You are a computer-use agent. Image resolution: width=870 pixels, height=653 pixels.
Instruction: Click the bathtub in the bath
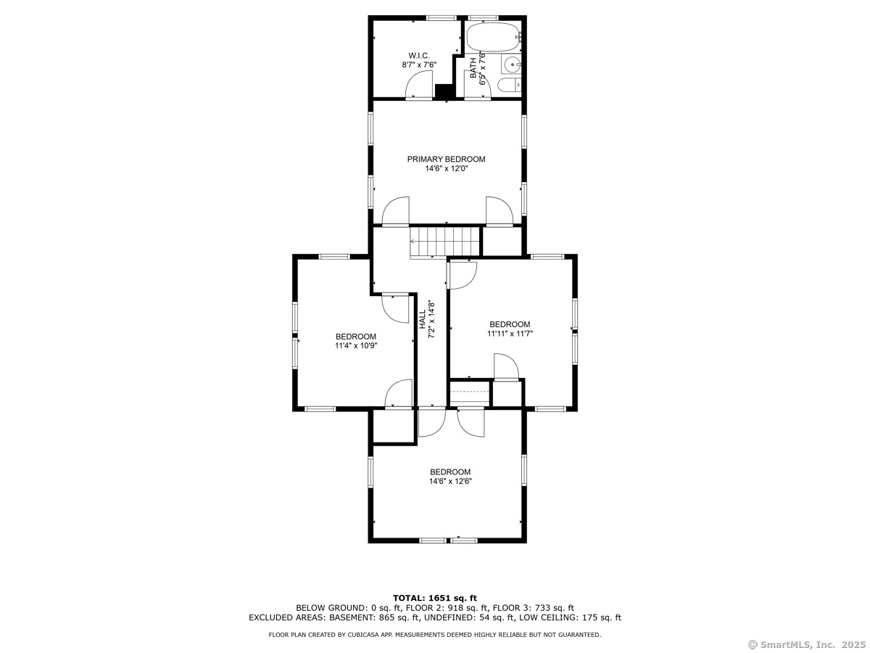tap(493, 37)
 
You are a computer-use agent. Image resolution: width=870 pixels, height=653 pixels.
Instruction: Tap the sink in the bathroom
tap(511, 64)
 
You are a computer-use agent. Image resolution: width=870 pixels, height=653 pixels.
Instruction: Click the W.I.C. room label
tap(418, 56)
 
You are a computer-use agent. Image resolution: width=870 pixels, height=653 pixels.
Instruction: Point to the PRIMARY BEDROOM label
tap(446, 159)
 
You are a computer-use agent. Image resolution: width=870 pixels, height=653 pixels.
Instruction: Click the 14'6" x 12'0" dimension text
tap(447, 168)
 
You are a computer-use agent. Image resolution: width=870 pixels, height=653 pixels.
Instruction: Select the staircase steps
tap(444, 242)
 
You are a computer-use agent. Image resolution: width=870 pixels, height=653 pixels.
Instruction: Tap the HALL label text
tap(423, 319)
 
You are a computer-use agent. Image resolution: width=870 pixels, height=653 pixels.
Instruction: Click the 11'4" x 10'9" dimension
tap(355, 345)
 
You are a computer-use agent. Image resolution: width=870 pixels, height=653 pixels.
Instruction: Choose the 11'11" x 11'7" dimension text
tap(510, 334)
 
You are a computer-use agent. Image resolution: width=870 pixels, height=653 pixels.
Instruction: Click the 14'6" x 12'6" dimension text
tap(450, 481)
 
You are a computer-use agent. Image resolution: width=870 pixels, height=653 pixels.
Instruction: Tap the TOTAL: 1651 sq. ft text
tap(435, 598)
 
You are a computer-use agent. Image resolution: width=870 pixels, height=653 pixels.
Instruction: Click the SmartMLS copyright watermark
tap(807, 645)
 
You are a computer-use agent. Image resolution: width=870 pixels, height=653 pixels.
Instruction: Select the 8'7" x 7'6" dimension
tap(419, 65)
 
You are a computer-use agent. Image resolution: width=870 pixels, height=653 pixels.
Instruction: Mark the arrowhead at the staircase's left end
tap(413, 241)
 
